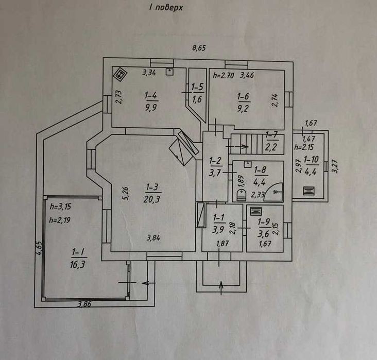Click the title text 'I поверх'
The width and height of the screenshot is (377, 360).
[166, 7]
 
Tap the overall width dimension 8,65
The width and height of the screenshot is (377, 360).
[199, 48]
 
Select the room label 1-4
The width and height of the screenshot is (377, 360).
[151, 96]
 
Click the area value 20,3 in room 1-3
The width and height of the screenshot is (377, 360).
[152, 199]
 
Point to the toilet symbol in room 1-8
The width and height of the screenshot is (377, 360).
[241, 195]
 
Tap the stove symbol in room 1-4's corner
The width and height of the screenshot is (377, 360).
[120, 75]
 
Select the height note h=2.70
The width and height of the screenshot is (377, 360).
[224, 75]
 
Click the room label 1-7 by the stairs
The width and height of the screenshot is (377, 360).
[272, 135]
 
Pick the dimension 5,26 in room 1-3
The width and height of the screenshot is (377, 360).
[126, 194]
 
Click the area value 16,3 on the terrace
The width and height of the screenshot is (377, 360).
[78, 265]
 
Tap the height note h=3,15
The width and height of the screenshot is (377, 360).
[60, 207]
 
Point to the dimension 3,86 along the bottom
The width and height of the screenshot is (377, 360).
[84, 304]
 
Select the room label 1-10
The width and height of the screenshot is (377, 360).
[311, 160]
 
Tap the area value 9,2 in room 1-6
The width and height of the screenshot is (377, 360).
[243, 109]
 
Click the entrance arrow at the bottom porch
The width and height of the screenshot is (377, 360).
[221, 288]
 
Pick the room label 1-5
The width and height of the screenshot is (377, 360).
[198, 87]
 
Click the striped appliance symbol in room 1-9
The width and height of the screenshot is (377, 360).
[255, 211]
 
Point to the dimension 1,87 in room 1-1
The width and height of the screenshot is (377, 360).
[222, 244]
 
